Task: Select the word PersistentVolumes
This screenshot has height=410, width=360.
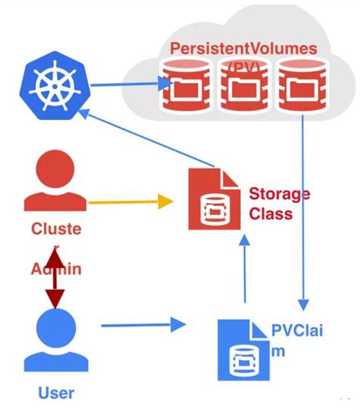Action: click(243, 48)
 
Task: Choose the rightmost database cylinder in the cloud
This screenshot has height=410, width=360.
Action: click(295, 87)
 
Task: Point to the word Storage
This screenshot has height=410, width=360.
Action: click(279, 194)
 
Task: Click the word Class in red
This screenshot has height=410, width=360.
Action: click(270, 213)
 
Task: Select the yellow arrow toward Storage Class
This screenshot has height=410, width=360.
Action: click(129, 202)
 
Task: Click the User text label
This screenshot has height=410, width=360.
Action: click(55, 393)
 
